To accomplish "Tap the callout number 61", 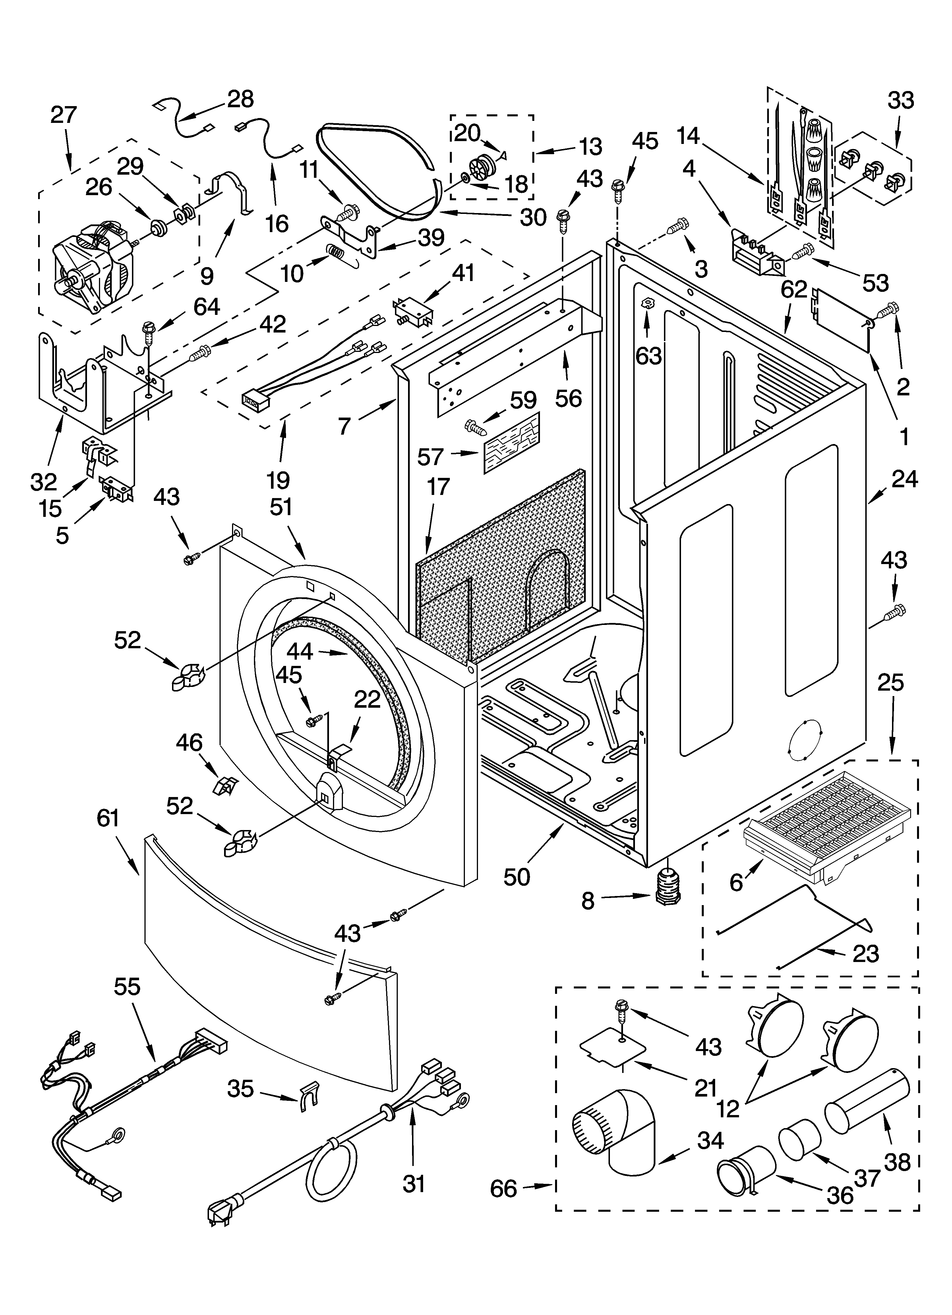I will pyautogui.click(x=108, y=818).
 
